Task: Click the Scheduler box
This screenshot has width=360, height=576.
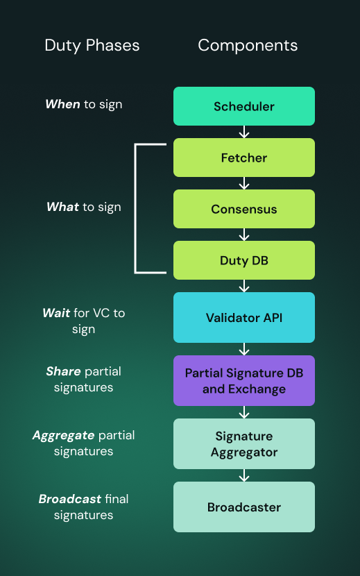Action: tap(244, 106)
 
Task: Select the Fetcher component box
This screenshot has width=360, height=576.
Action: tap(244, 158)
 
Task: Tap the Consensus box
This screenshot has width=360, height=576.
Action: tap(244, 209)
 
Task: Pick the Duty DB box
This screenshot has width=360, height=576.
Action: tap(244, 260)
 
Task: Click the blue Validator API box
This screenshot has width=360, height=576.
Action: tap(244, 318)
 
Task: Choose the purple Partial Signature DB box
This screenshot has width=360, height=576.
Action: tap(244, 381)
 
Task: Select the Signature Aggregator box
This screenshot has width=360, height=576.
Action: tap(244, 444)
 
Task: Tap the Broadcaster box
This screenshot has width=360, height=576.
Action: tap(244, 507)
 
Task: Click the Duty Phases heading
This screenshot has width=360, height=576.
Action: tap(92, 46)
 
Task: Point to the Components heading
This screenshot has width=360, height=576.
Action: tap(248, 46)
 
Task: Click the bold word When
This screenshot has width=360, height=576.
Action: tap(62, 104)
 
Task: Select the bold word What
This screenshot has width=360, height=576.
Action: tap(62, 207)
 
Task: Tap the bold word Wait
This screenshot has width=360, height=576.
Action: tap(56, 313)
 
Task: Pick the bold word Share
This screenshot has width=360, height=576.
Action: tap(63, 372)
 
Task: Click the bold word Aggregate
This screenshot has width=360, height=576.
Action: tap(63, 436)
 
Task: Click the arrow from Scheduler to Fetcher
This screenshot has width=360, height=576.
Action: tap(244, 132)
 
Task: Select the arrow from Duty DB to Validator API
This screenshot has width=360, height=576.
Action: tap(244, 286)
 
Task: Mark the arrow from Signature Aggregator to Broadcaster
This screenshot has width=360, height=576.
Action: tap(244, 475)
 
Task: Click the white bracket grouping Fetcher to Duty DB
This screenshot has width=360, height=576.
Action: tap(136, 208)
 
